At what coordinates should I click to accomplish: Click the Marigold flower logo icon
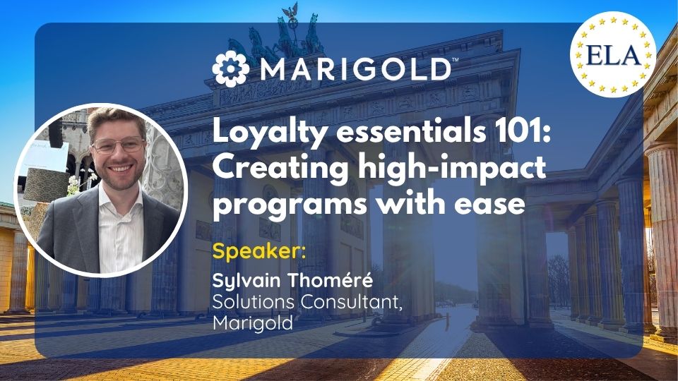(x=231, y=68)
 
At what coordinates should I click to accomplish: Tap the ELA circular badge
(x=613, y=54)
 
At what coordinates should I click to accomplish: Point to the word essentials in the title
(x=411, y=131)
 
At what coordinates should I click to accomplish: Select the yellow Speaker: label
(x=259, y=251)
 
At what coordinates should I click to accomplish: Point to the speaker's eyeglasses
(x=118, y=145)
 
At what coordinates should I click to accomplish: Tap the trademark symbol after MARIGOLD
(x=455, y=59)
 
